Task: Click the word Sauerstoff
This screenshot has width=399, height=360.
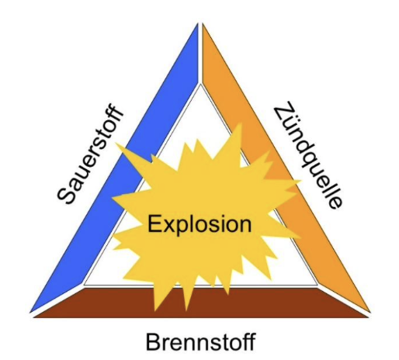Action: [x=90, y=154]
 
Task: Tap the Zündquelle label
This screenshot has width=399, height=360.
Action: [x=308, y=155]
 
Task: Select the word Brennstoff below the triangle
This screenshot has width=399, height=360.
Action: [x=201, y=342]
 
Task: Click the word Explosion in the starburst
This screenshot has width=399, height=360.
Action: [x=199, y=224]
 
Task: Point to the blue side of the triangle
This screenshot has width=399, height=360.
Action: [x=114, y=168]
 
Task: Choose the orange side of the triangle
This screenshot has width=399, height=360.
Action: [x=286, y=168]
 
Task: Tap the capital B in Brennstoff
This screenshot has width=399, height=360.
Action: [x=153, y=342]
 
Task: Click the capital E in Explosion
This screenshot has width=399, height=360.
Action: [x=154, y=223]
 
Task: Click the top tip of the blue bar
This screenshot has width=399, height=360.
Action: [x=198, y=24]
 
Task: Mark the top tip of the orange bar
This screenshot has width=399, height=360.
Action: [x=203, y=24]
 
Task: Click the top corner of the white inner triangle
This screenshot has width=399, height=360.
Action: [x=200, y=85]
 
